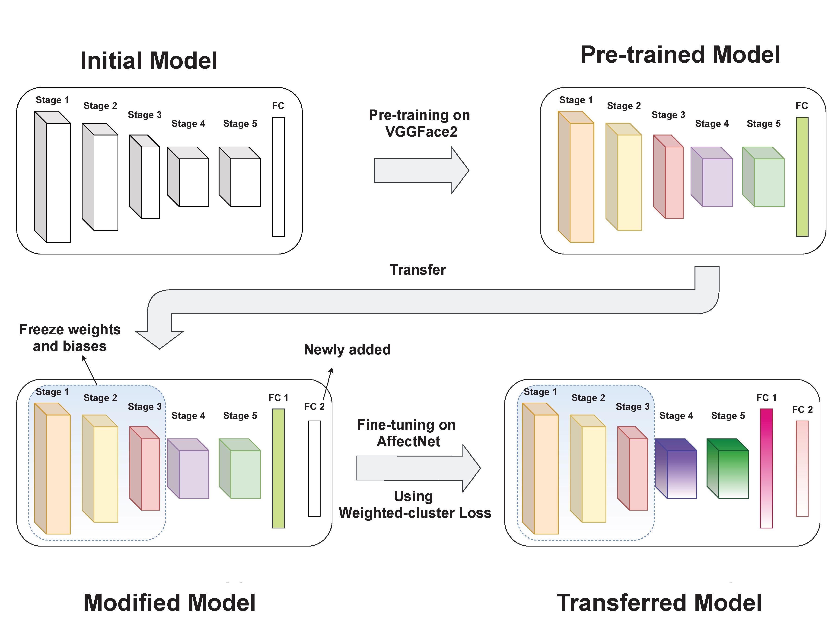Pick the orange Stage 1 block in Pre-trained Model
(581, 182)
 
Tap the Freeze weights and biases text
(70, 338)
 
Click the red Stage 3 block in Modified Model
(150, 474)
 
